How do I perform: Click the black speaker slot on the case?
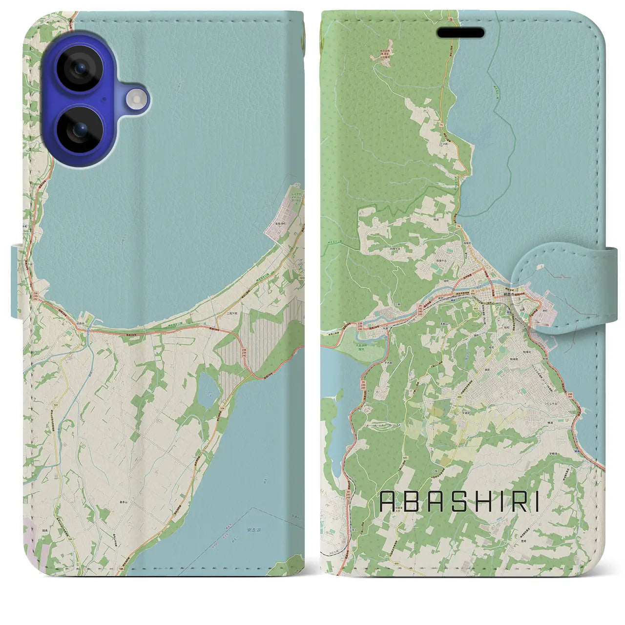tap(460, 33)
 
